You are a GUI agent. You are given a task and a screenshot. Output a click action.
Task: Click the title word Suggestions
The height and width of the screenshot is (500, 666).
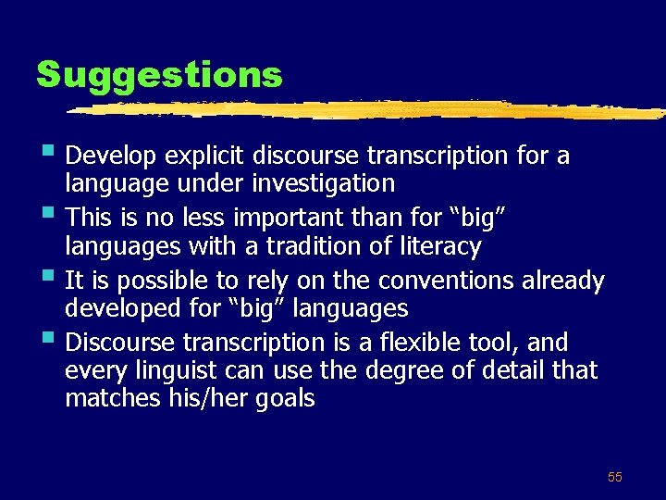[x=159, y=74]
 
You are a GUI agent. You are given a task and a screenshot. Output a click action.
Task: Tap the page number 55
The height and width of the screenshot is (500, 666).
[x=615, y=477]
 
